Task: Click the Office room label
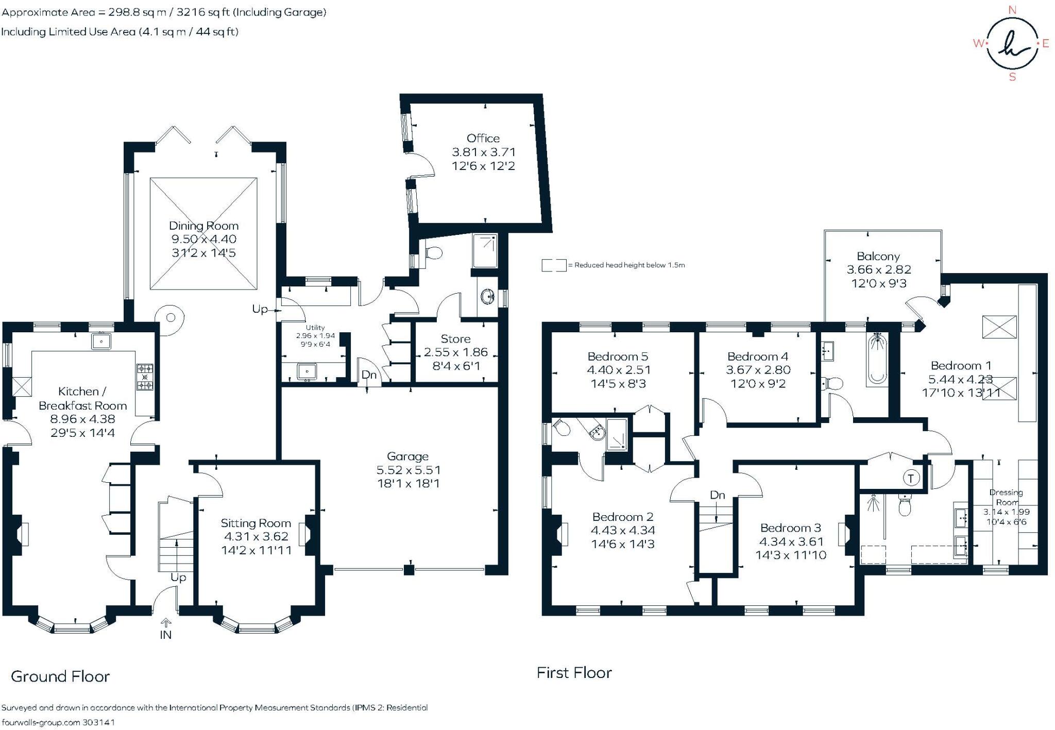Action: [483, 139]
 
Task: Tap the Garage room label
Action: [407, 456]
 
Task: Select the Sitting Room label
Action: [256, 523]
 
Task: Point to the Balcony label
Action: [878, 257]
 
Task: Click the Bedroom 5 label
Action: [618, 356]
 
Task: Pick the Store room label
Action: [455, 339]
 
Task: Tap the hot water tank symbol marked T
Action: [911, 478]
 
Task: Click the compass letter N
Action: [1012, 10]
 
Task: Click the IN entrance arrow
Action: [166, 623]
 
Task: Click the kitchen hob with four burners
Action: [145, 377]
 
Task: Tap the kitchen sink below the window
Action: [101, 341]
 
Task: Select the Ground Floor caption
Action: [60, 676]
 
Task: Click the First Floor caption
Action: [574, 672]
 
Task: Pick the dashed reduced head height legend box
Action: [554, 265]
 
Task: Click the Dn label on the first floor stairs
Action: [717, 495]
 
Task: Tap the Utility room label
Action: [315, 328]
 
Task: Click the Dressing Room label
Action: [1006, 497]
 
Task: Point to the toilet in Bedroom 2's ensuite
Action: [560, 427]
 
